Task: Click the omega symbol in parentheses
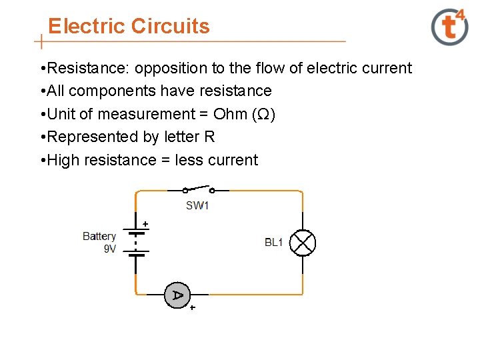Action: (263, 115)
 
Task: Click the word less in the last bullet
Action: (190, 160)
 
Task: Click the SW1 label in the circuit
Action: (197, 205)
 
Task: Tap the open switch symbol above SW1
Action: (199, 189)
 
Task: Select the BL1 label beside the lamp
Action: (274, 242)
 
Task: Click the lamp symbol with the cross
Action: (304, 243)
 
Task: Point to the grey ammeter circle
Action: (177, 295)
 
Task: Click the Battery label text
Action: (99, 236)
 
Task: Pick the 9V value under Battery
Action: (110, 249)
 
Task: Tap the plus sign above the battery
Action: (145, 224)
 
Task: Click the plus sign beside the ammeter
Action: (193, 309)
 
